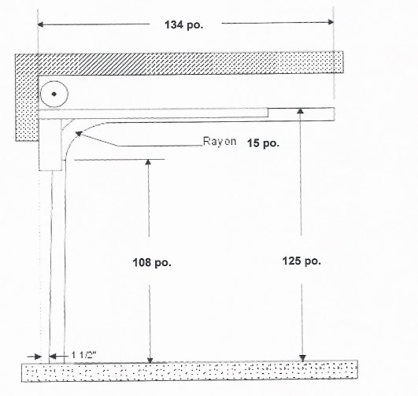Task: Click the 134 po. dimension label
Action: (x=183, y=25)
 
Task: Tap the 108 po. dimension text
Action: (x=152, y=263)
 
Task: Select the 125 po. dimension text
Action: (x=301, y=261)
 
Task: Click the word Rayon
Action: (x=220, y=141)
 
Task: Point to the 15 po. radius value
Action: (x=263, y=143)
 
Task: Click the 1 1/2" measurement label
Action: (x=83, y=355)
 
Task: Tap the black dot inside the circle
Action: (x=54, y=94)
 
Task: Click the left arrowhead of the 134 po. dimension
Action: (x=41, y=25)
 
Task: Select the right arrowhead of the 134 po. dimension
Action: (x=331, y=22)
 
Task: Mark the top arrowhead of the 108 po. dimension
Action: (x=148, y=162)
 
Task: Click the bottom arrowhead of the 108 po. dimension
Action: (x=150, y=360)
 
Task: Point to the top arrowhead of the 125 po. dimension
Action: (x=301, y=111)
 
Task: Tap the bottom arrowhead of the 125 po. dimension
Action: (x=302, y=358)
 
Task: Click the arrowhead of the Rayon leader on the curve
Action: (x=79, y=134)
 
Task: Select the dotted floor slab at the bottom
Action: (x=190, y=372)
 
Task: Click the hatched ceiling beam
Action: (x=179, y=63)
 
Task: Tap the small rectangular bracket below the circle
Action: (x=50, y=145)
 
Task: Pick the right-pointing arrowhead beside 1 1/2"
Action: (x=38, y=357)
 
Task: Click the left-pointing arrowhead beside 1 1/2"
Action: (x=53, y=357)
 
